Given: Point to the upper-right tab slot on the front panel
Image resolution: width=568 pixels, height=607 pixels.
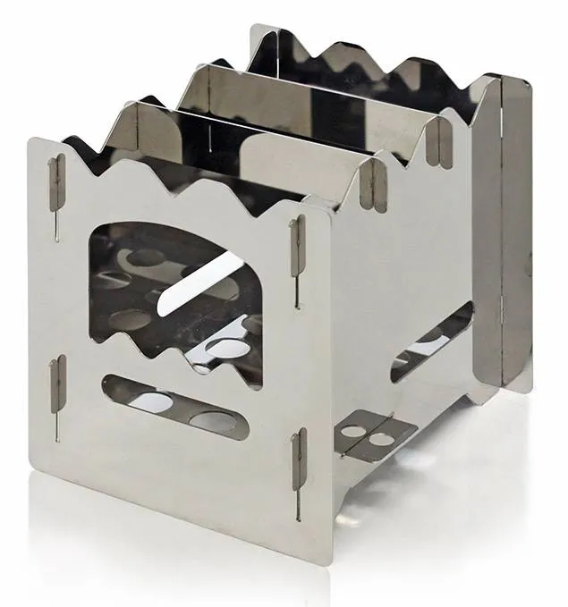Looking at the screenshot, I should click(x=293, y=240).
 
